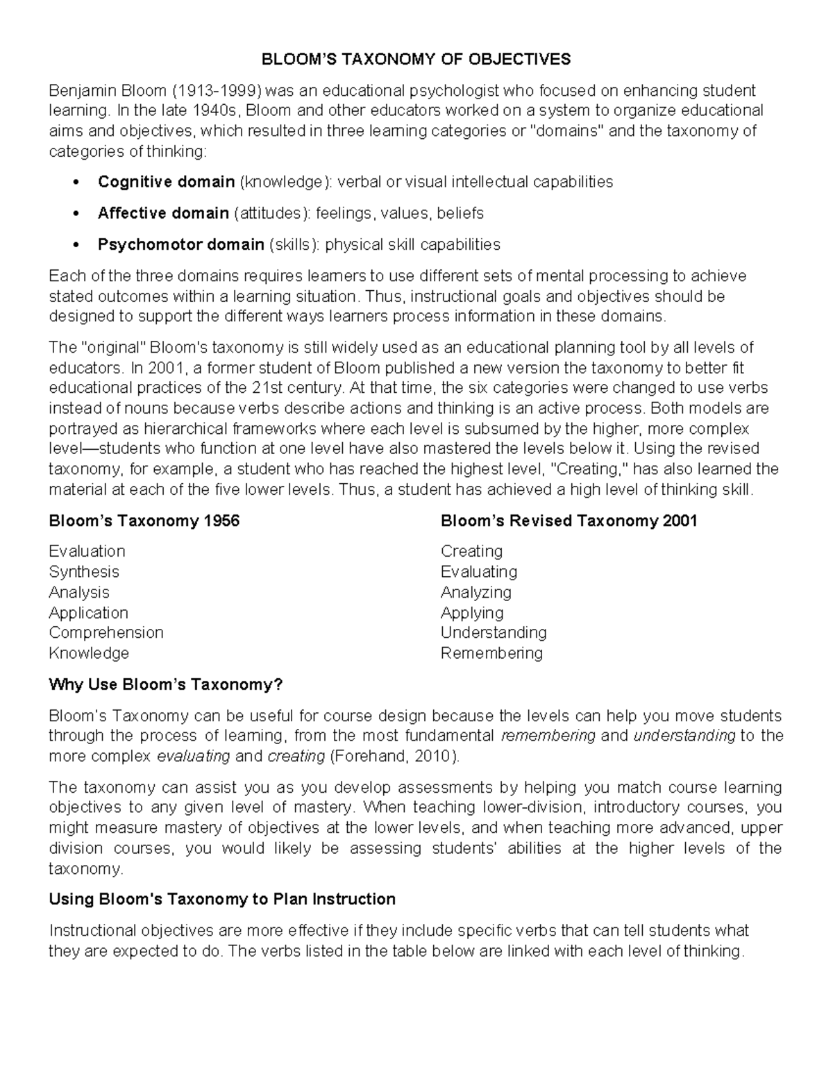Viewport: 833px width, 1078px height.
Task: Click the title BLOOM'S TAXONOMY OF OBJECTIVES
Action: tap(416, 59)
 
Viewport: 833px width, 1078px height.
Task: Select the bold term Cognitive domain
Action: tap(166, 182)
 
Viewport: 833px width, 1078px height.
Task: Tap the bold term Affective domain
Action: tap(163, 213)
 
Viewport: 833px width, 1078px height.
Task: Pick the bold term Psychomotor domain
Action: tap(180, 244)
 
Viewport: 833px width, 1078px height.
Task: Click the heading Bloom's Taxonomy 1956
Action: tap(144, 521)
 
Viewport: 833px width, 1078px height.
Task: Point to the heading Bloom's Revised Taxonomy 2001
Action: tap(569, 521)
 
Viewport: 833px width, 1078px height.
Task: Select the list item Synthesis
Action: tap(84, 572)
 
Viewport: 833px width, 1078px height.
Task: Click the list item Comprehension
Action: tap(106, 632)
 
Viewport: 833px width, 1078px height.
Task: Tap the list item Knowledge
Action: tap(89, 653)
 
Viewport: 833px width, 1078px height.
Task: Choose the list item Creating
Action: tap(471, 551)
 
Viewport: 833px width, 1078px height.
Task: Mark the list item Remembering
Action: tap(491, 653)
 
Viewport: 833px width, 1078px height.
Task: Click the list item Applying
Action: tap(472, 613)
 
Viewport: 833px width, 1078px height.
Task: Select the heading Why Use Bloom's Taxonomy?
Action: tap(166, 685)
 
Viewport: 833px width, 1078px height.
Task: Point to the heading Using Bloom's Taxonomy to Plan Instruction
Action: tap(222, 900)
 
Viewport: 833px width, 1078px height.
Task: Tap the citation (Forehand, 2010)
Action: tap(394, 756)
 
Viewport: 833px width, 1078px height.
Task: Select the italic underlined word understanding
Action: tap(684, 736)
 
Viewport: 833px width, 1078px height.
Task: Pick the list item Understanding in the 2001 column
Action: tap(494, 632)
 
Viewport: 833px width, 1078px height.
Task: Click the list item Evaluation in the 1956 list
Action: tap(87, 551)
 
